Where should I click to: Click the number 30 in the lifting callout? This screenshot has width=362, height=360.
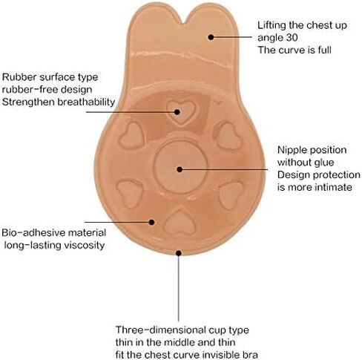pyautogui.click(x=292, y=38)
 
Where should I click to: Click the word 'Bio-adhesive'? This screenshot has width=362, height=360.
pyautogui.click(x=33, y=233)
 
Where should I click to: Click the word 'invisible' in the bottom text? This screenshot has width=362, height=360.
pyautogui.click(x=221, y=355)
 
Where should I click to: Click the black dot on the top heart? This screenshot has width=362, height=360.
pyautogui.click(x=177, y=112)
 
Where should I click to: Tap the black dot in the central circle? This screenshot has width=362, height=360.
pyautogui.click(x=180, y=169)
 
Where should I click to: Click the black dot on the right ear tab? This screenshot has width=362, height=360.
pyautogui.click(x=211, y=37)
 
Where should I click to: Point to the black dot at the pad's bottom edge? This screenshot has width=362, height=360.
pyautogui.click(x=179, y=253)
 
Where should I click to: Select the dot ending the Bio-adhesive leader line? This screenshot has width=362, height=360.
pyautogui.click(x=152, y=222)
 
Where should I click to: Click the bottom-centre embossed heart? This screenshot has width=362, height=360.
pyautogui.click(x=180, y=223)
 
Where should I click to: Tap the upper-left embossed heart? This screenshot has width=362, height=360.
pyautogui.click(x=131, y=136)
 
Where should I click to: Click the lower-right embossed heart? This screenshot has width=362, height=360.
pyautogui.click(x=231, y=194)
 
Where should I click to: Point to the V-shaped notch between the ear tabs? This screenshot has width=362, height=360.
pyautogui.click(x=184, y=23)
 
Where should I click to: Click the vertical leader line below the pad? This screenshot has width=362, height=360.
pyautogui.click(x=179, y=288)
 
